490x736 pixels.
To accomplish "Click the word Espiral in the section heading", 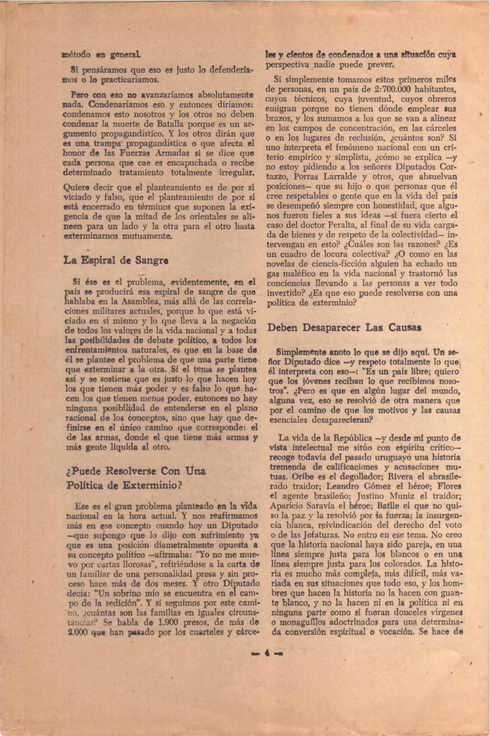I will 101,260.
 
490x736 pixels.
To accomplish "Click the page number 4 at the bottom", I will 267,651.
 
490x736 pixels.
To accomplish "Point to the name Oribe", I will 286,476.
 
